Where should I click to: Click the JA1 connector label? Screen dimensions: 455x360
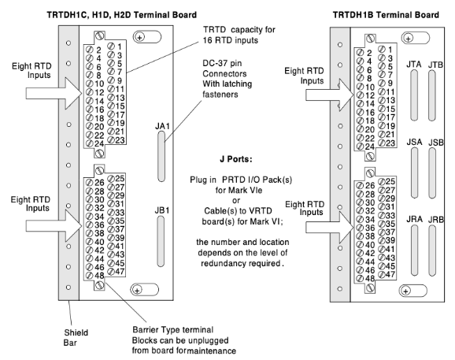(162, 126)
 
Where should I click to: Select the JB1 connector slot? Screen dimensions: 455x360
(161, 241)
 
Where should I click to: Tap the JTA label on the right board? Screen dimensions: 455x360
(413, 64)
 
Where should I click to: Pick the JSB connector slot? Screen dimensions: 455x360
(432, 173)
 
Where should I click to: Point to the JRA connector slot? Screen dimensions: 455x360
(414, 251)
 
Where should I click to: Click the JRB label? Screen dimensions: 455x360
(436, 220)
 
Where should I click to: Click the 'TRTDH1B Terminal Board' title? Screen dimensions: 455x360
(386, 15)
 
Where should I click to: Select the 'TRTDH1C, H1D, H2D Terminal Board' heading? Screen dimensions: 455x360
(122, 15)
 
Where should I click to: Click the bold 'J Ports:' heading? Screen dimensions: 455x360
(236, 159)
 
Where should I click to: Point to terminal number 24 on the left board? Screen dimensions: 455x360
(99, 143)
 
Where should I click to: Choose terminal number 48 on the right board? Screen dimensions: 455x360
(370, 278)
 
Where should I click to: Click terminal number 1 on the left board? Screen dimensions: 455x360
(120, 46)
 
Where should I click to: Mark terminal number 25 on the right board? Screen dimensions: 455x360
(390, 181)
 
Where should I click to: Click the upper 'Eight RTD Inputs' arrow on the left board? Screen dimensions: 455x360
(54, 93)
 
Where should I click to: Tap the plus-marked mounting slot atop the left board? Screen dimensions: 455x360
(147, 37)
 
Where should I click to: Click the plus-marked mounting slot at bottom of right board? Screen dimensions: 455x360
(413, 291)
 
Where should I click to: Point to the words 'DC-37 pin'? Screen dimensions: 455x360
(222, 63)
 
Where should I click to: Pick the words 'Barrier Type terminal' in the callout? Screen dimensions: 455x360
(173, 330)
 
